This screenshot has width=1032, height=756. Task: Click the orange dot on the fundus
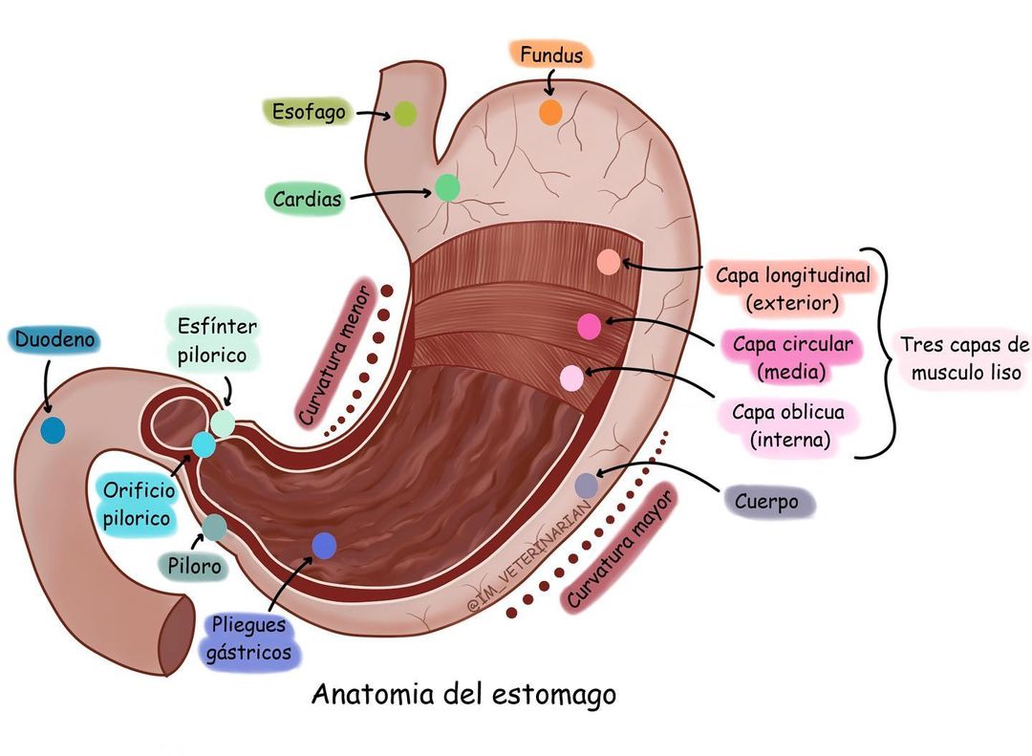pos(551,112)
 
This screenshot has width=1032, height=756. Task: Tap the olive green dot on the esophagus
pos(405,114)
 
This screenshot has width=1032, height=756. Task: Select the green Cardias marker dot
pos(447,187)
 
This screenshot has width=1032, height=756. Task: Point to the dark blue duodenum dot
pos(53,430)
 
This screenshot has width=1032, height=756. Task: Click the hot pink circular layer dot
pos(589,326)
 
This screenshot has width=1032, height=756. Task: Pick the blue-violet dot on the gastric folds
pos(324,546)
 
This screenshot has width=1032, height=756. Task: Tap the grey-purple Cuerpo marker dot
pos(587,486)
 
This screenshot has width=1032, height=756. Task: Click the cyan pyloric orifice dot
pos(204,444)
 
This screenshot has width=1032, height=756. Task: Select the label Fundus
pos(551,54)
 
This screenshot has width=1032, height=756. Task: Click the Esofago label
pos(309,112)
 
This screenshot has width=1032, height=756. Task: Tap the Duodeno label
pos(54,340)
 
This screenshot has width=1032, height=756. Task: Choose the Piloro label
pos(194,566)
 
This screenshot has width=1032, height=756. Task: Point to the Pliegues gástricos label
pos(248,638)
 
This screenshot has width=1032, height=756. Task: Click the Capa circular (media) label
pos(792,357)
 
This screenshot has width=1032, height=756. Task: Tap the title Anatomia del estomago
pos(464,695)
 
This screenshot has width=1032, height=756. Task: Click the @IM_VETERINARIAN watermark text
pos(529,559)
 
